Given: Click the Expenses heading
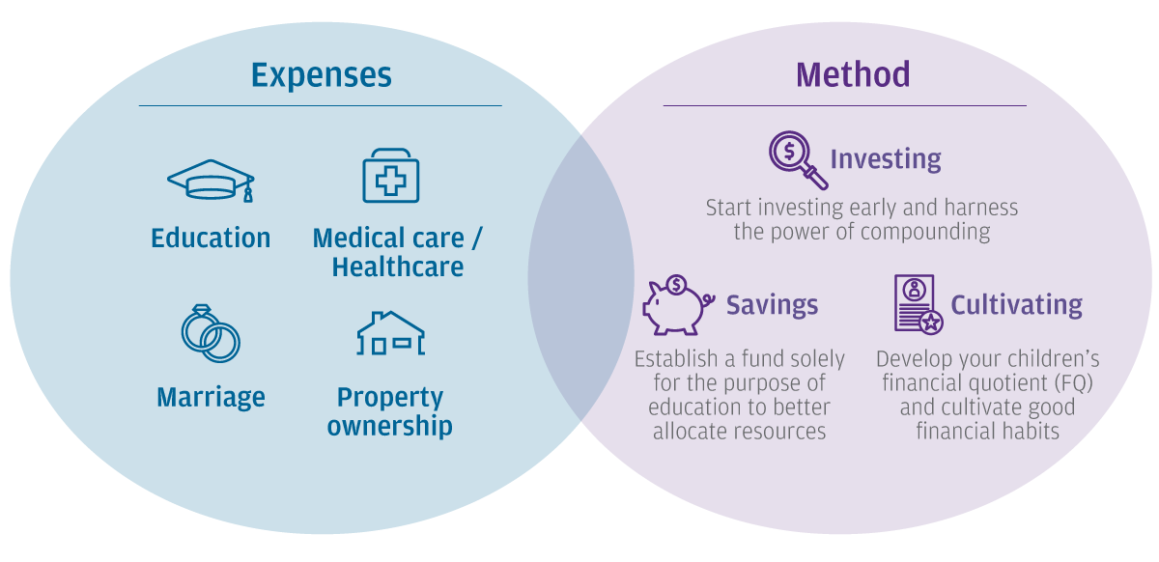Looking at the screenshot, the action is point(322,75).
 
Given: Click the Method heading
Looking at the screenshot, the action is point(853,74).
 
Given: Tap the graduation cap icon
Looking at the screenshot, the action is point(211,180).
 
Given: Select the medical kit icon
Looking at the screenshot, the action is point(390,176).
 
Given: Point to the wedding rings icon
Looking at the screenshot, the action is point(211,333).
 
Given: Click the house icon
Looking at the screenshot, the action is point(390,333).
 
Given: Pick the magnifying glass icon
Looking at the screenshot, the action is point(799,160).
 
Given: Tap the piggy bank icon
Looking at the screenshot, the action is point(678,305).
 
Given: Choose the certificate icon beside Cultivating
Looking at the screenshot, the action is point(919,304).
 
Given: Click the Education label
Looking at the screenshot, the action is point(211,239).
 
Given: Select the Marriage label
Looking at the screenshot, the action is point(211,398).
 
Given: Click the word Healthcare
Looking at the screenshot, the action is point(397,267).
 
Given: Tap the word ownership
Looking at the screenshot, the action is point(389,427).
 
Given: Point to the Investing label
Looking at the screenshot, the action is point(886,159).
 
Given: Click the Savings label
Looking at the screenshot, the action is point(772,305).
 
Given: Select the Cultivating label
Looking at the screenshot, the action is point(1017,305).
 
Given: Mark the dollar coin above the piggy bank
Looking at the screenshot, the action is point(676,285).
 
